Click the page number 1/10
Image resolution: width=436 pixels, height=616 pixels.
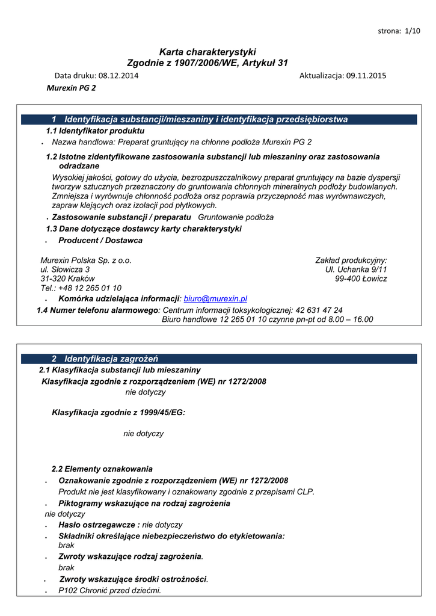(413, 31)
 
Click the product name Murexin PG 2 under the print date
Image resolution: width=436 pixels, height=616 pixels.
(71, 87)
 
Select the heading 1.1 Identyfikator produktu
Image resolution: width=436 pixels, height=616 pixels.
(95, 131)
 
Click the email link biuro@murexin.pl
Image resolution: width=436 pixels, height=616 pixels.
(215, 298)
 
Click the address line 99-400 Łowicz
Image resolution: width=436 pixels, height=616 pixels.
(361, 279)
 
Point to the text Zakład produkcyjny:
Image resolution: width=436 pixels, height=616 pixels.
(351, 260)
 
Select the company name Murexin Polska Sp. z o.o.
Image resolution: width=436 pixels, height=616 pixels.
(86, 260)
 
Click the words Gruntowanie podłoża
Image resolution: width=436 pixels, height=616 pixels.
(236, 217)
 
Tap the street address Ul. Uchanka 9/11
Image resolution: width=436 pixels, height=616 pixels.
(356, 269)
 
